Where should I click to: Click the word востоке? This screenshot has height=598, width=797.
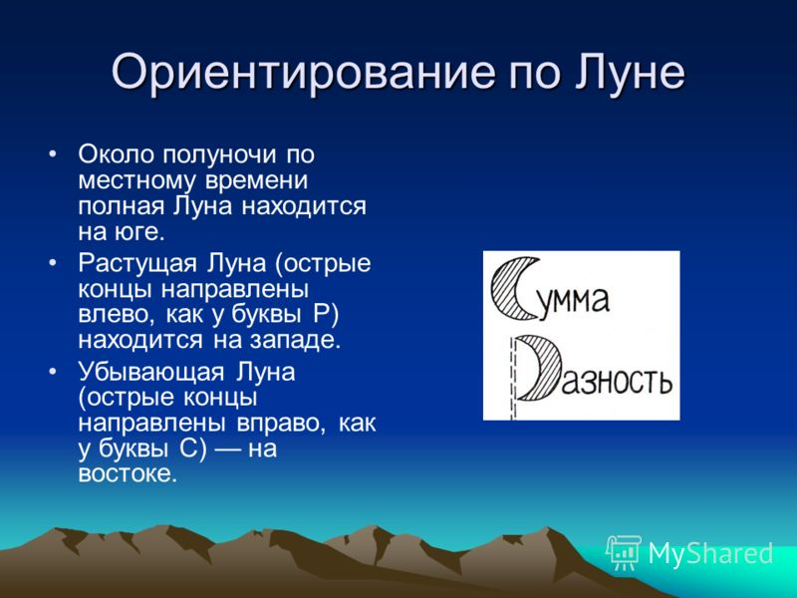126,475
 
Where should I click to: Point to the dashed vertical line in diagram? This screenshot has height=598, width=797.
513,379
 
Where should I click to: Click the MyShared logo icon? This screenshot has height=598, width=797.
624,551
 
